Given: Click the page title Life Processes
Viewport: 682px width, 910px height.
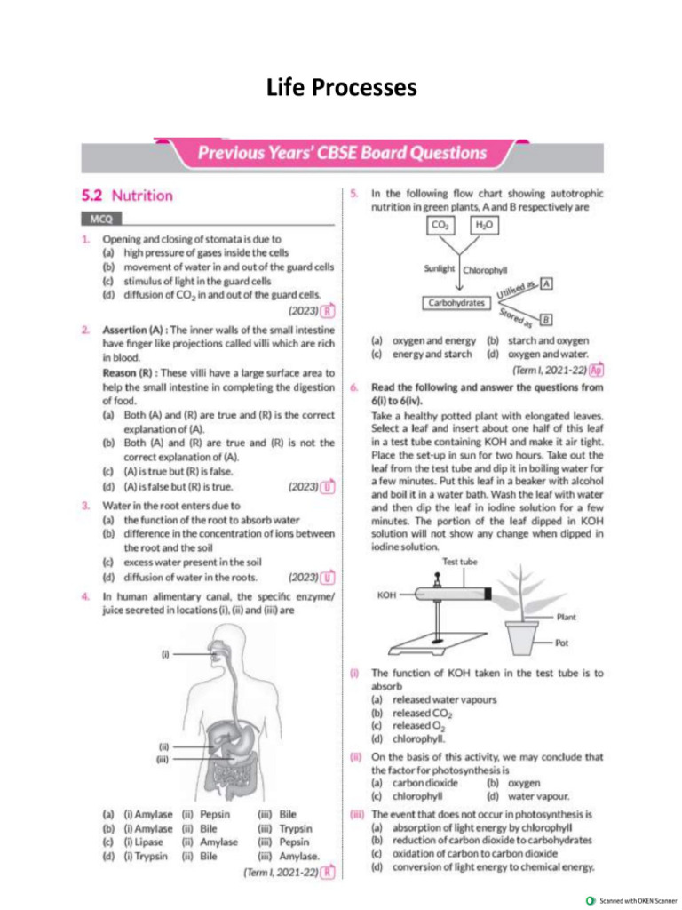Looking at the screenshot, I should [341, 87].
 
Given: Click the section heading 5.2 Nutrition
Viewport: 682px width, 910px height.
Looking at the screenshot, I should [127, 195].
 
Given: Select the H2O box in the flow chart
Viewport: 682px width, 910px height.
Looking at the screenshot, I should [485, 227].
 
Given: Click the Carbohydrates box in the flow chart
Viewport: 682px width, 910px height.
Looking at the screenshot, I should [457, 302].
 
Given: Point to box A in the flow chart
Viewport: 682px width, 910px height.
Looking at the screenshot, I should [547, 283].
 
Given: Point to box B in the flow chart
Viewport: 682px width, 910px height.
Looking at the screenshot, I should [546, 319].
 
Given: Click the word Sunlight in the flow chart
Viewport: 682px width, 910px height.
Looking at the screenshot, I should [440, 268].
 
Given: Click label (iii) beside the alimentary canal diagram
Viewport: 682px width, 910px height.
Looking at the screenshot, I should [164, 760].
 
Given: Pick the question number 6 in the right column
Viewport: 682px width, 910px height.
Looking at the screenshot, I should [353, 387].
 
